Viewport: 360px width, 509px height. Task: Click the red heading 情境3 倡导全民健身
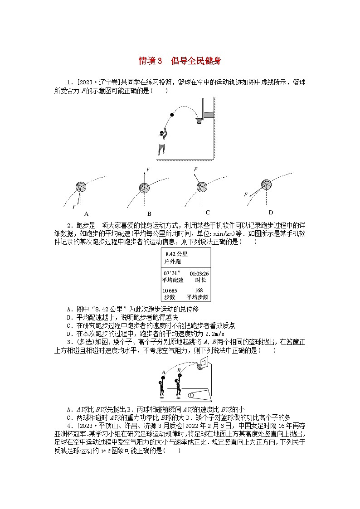tap(180, 61)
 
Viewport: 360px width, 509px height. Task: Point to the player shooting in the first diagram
tap(162, 141)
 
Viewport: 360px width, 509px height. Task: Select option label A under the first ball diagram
tap(86, 213)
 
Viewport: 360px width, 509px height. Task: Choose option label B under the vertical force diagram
tap(149, 214)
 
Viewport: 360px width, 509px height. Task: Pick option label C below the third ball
tap(208, 213)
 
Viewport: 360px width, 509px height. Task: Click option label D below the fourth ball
tap(271, 213)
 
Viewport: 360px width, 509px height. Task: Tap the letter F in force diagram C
tap(195, 170)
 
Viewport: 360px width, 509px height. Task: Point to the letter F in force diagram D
tap(246, 194)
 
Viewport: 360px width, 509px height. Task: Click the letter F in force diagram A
tap(74, 207)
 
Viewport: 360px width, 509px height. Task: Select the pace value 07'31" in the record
tap(172, 273)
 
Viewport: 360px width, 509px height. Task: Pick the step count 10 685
tap(170, 291)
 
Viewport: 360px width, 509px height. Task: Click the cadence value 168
tap(199, 291)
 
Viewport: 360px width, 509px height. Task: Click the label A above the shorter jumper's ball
tap(163, 372)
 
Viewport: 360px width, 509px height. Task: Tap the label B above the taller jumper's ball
tap(179, 370)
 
